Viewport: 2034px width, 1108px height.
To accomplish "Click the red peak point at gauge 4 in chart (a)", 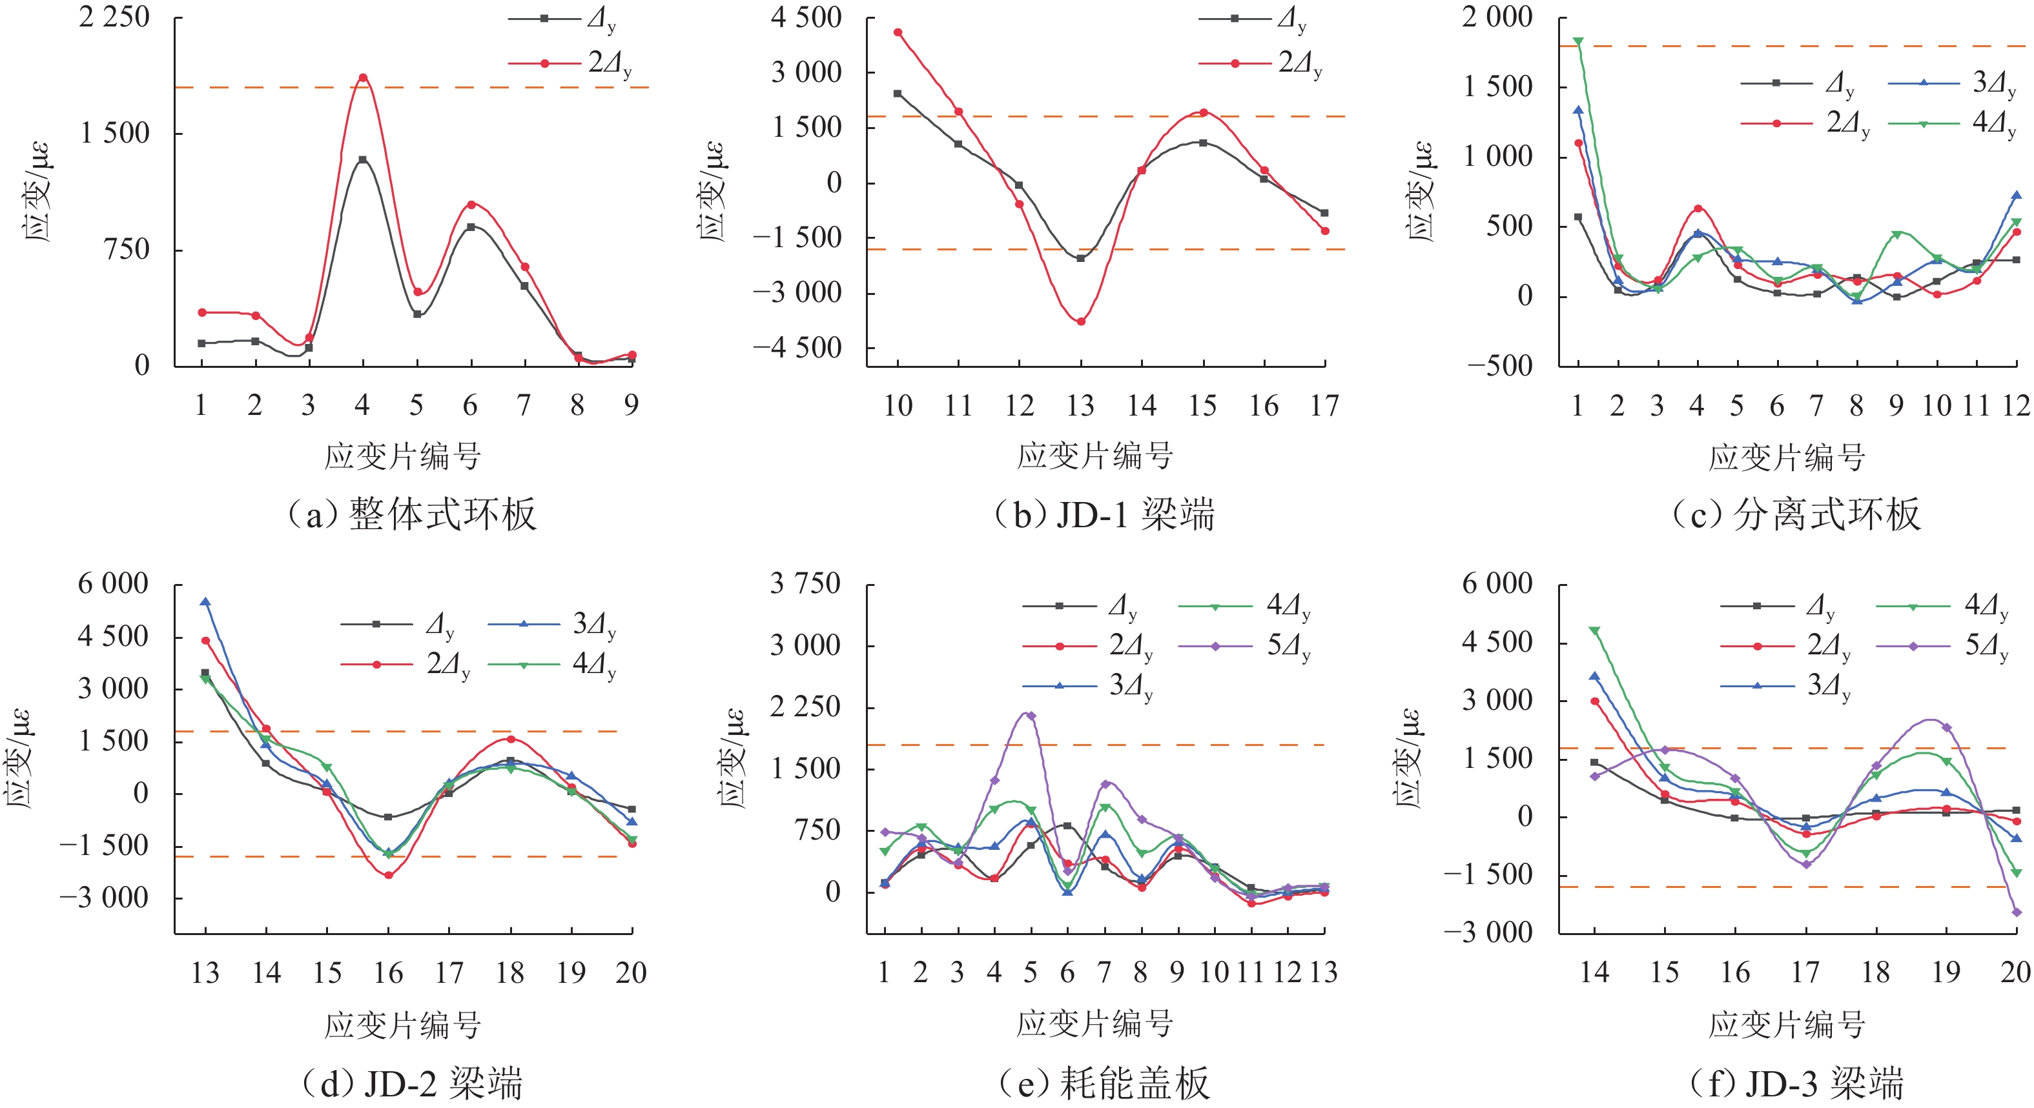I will coord(363,77).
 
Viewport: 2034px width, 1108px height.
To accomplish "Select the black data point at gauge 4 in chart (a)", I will coord(363,160).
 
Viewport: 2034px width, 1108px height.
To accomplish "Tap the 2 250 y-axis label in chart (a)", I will coord(114,17).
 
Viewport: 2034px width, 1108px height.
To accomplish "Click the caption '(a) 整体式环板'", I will coord(411,514).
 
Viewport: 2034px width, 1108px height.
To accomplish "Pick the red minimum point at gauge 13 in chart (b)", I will coord(1081,321).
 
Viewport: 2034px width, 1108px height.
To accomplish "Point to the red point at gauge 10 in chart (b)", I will coord(898,32).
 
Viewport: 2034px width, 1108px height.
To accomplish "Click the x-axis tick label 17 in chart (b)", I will coord(1325,406).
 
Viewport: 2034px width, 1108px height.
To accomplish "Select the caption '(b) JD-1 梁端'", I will coord(1104,514).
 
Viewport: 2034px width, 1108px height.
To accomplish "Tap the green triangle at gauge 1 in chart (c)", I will coord(1577,41).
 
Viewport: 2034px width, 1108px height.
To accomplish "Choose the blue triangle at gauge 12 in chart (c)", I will coord(2016,195).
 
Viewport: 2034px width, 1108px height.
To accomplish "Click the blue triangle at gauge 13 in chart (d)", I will coord(205,602).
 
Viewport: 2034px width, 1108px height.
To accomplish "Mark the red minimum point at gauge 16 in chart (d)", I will coord(389,875).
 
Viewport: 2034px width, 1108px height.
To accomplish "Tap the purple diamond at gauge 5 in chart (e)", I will coord(1031,716).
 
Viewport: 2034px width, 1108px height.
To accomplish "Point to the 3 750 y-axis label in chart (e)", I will coord(805,584).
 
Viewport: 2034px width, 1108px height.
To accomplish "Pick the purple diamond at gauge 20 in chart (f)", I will coord(2017,912).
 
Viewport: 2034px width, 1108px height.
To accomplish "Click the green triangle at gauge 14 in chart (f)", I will coord(1594,630).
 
